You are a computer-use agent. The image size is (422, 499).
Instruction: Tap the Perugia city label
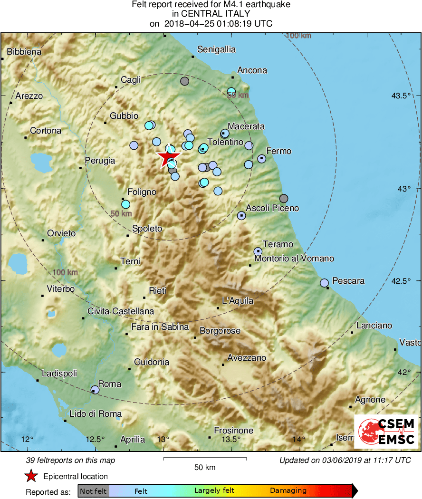click(100, 161)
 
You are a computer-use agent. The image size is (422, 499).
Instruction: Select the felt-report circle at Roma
click(95, 390)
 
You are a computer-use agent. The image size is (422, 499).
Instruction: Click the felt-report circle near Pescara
click(325, 283)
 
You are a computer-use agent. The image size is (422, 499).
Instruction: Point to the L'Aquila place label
click(238, 301)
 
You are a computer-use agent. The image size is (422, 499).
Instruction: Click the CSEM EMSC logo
click(386, 432)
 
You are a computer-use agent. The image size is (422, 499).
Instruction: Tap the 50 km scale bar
click(205, 459)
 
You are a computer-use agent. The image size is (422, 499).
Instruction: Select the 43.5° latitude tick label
click(401, 96)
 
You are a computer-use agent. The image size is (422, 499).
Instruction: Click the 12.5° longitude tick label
click(96, 439)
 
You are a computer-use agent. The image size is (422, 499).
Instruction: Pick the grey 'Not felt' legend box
click(93, 491)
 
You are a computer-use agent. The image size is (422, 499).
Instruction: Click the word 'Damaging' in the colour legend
click(288, 491)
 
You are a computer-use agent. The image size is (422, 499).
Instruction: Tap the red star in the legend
click(31, 476)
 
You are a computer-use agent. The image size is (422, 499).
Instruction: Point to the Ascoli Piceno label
click(272, 208)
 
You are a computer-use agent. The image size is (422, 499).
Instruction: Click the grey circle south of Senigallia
click(185, 81)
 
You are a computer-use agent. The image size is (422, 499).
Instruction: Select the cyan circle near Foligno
click(125, 204)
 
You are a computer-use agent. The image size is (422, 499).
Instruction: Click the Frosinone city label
click(233, 431)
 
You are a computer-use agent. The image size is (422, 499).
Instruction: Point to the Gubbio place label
click(124, 116)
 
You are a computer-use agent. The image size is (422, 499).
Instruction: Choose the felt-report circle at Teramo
click(258, 251)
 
